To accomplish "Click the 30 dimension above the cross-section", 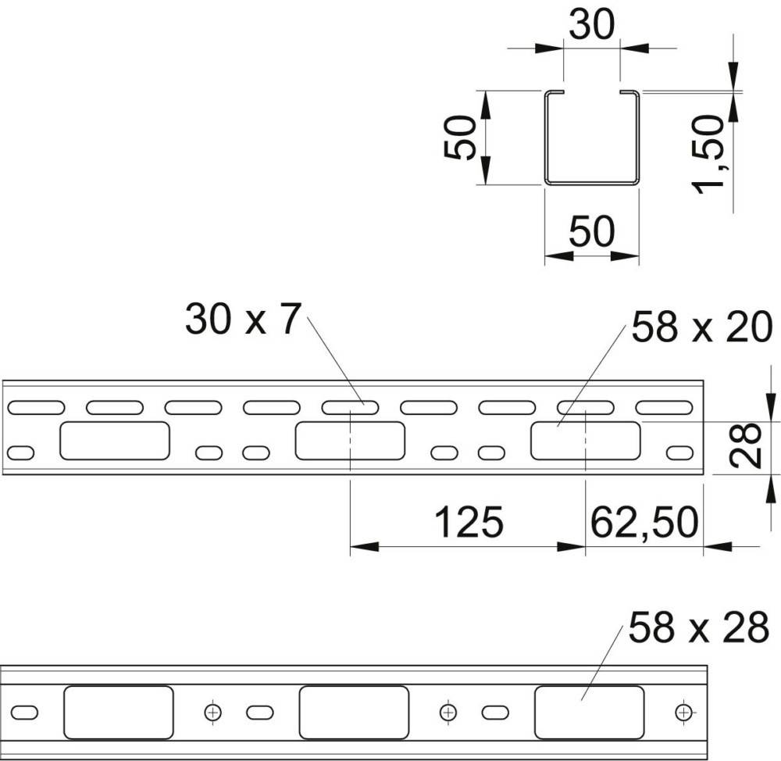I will pos(592,25).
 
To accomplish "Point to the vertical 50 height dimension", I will pos(461,138).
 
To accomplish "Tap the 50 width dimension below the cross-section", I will pos(592,232).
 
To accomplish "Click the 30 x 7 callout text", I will pos(242,320).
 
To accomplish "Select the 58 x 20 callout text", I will pos(701,328).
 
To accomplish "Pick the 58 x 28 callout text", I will pos(699,628).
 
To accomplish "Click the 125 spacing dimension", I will pos(468,523).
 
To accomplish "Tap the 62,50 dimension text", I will pos(644,523).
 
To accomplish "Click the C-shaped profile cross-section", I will pos(592,138).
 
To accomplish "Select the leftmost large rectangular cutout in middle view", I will pos(115,441).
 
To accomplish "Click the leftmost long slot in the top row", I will pos(36,407).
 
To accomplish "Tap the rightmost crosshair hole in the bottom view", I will pos(683,712).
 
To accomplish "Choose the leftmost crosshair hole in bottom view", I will pos(212,712).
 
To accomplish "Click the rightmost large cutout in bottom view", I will pos(589,712).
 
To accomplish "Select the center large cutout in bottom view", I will pos(354,712).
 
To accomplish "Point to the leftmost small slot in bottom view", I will pos(24,712).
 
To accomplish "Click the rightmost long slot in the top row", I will pos(664,407).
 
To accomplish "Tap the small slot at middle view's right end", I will pos(679,452).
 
